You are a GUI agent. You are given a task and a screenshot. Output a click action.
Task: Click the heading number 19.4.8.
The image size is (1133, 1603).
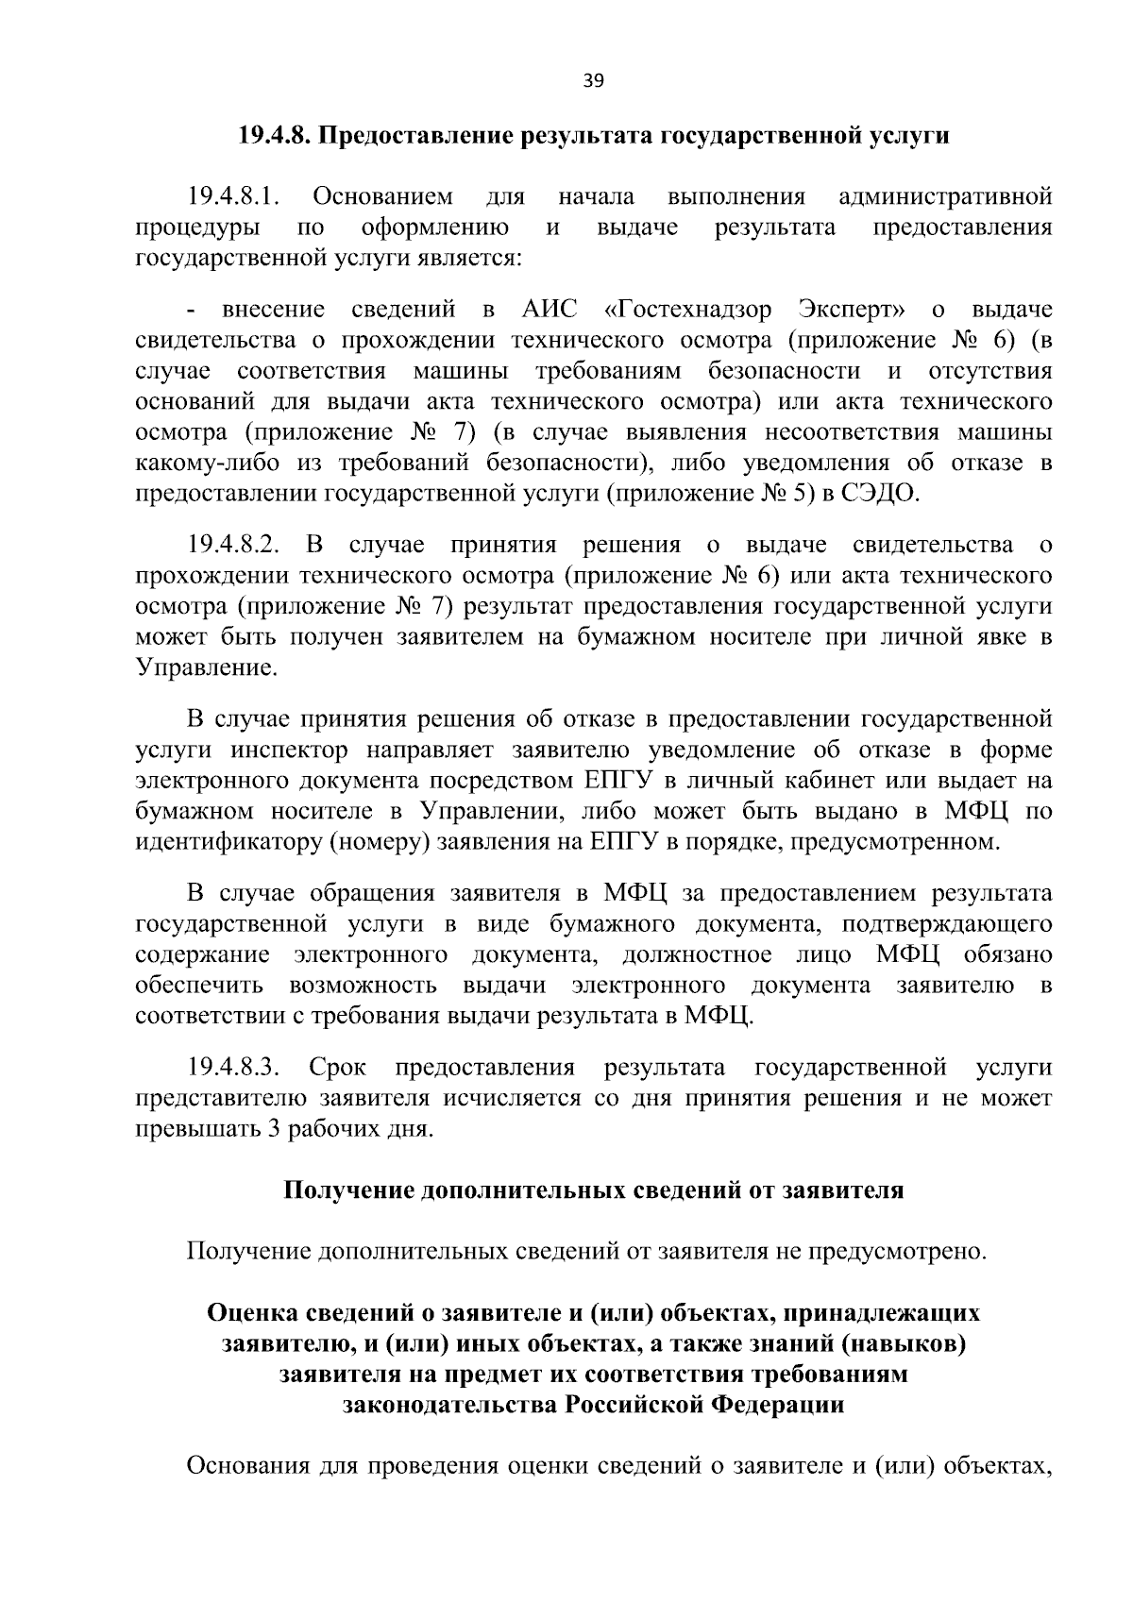point(275,137)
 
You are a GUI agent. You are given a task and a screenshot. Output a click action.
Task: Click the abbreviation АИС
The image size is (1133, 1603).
point(549,310)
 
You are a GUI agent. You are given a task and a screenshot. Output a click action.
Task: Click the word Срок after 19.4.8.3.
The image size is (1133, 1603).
point(338,1068)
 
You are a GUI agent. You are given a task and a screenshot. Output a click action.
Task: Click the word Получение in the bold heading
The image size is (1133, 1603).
point(347,1190)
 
